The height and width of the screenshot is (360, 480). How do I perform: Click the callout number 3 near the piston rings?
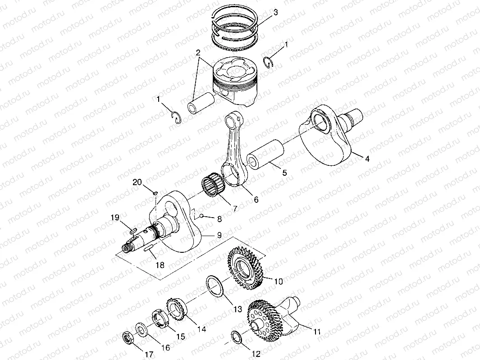tap(275, 12)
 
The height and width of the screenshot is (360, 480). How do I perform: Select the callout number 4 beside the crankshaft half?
tap(367, 159)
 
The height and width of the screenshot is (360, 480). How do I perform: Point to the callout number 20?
tap(137, 182)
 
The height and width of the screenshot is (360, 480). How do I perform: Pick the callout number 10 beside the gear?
tap(278, 282)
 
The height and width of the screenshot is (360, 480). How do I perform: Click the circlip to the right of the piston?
tap(268, 62)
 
